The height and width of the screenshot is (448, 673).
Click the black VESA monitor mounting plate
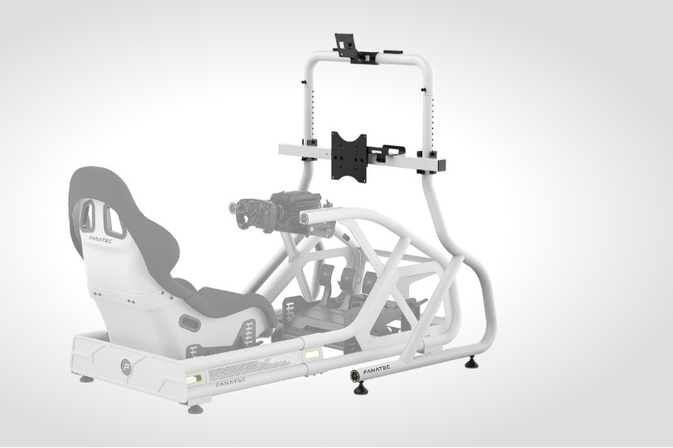[349, 157]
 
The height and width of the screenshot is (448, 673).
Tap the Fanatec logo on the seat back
[100, 238]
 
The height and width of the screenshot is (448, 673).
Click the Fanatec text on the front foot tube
[377, 370]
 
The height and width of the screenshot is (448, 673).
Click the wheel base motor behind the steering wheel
[296, 206]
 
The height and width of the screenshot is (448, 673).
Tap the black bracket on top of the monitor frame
[355, 50]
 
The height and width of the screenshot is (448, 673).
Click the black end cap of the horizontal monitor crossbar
[440, 165]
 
